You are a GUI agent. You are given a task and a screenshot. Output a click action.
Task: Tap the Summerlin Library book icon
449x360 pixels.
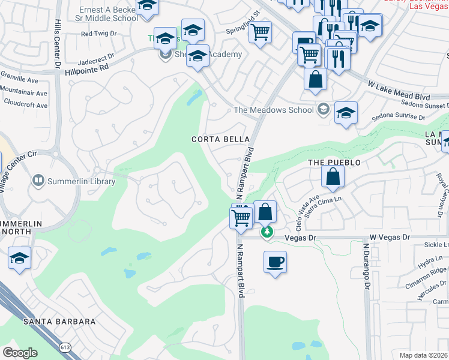pos(38,180)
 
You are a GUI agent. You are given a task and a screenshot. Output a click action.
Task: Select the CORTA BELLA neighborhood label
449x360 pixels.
pos(220,139)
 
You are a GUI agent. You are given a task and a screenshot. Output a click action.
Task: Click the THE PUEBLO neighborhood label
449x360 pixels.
pos(334,163)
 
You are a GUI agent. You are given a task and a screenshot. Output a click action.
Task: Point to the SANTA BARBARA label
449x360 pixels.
pos(59,322)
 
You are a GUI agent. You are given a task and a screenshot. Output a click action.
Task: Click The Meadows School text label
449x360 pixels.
pos(274,110)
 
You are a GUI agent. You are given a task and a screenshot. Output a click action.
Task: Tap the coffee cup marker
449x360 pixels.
pos(275,262)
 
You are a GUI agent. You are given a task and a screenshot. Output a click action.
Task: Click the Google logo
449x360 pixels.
pos(20,353)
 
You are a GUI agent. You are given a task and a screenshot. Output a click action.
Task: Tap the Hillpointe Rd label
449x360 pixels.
pos(87,68)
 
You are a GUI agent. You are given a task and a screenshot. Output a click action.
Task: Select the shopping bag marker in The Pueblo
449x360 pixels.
pos(333,176)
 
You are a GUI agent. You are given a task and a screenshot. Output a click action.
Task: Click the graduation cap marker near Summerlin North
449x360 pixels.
pos(20,259)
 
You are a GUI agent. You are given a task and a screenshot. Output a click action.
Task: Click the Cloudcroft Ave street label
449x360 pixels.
pos(25,105)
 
